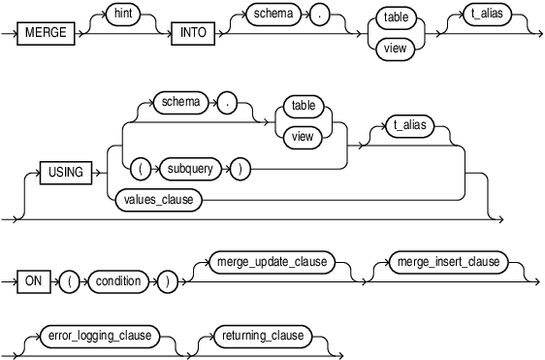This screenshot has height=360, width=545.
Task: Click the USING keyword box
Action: point(66,175)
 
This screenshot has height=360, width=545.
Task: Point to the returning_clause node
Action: point(263,337)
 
